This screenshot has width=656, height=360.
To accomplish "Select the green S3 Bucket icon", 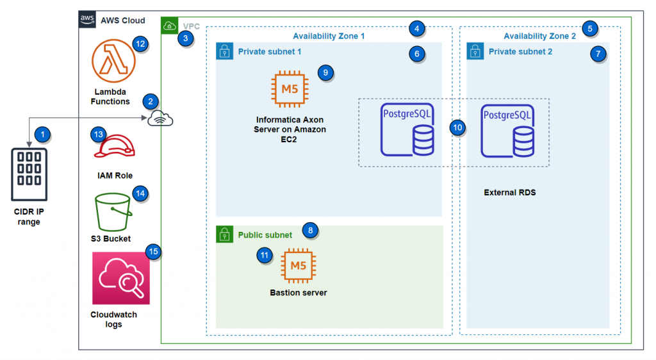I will click(113, 212).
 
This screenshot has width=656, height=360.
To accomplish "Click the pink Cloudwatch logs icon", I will click(120, 278).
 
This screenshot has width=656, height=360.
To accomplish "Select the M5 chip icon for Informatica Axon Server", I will click(290, 90).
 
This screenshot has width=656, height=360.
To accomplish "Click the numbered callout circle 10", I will click(457, 127).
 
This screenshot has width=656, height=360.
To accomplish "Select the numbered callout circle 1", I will click(42, 135).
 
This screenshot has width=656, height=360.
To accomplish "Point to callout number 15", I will click(153, 252).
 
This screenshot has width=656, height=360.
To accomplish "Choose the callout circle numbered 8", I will click(311, 230).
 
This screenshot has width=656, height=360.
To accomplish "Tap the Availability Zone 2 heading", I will click(539, 36).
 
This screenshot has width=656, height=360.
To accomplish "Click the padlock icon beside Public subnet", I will click(224, 234).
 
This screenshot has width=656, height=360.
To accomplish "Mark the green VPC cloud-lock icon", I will click(170, 26).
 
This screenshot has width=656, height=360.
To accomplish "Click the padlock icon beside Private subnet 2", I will click(475, 51).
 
